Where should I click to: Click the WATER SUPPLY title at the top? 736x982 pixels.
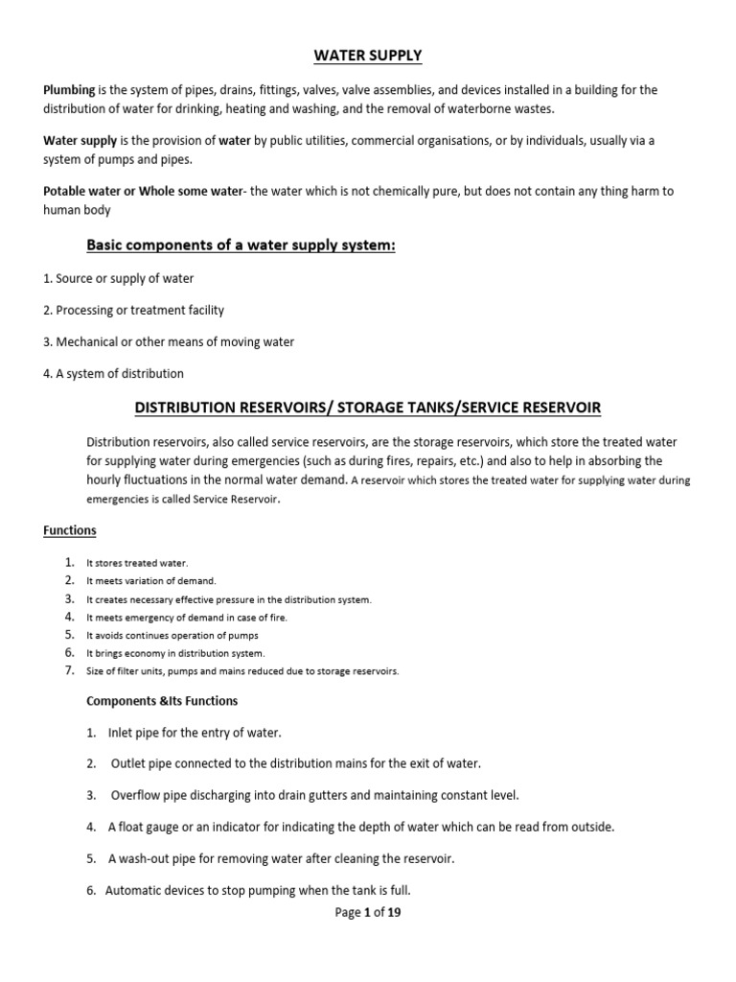click(367, 56)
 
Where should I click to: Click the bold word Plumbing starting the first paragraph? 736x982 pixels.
click(69, 90)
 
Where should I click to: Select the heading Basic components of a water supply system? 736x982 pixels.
click(241, 245)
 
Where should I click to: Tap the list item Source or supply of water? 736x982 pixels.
click(119, 279)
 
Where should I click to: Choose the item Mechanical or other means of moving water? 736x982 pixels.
click(169, 341)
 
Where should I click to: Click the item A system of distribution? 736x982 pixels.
click(114, 373)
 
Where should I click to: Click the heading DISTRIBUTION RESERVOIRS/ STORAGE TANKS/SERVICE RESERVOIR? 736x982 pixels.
click(367, 408)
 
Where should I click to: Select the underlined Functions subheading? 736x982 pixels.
click(70, 530)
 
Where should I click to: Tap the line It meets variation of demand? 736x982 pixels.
click(151, 581)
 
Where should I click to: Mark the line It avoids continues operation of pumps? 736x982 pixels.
click(172, 636)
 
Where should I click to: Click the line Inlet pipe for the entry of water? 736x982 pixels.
click(195, 733)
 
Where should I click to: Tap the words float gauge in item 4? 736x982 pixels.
click(150, 827)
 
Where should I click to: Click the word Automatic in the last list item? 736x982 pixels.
click(137, 889)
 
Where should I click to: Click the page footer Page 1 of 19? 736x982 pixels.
click(368, 913)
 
